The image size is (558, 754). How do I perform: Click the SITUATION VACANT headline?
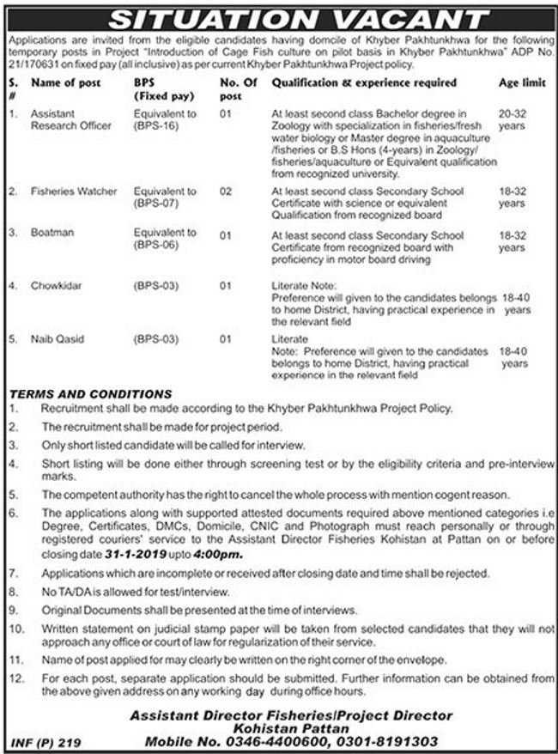(279, 16)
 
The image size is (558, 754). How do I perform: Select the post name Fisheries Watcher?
(74, 191)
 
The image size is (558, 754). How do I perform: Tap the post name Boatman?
(52, 233)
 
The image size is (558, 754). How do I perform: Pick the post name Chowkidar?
(55, 284)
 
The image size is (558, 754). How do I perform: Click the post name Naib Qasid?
(57, 339)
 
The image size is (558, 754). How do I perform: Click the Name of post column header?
(66, 83)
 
